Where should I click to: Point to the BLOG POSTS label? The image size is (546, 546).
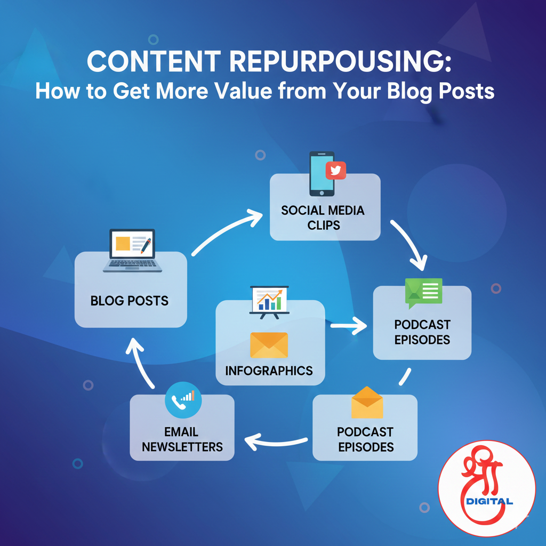pos(130,301)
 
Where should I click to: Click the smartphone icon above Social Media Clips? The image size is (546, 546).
pos(322,174)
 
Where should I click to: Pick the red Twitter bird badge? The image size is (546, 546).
pos(336,170)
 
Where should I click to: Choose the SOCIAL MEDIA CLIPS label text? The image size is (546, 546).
pos(323,217)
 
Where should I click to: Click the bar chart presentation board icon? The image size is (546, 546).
pos(269,301)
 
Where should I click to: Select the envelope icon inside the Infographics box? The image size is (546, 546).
pos(269,344)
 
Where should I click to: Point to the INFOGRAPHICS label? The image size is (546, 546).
pos(269,370)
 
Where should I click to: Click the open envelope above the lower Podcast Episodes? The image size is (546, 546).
pos(367,404)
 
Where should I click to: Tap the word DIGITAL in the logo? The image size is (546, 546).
pos(489,501)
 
